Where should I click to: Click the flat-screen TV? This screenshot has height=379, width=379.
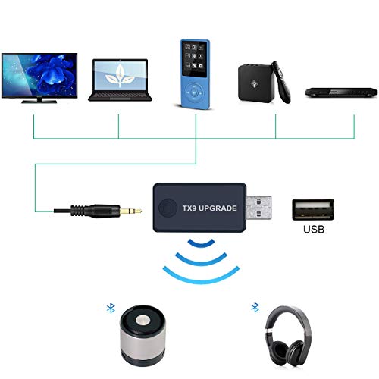(x=39, y=78)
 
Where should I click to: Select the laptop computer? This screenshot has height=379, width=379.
(x=120, y=80)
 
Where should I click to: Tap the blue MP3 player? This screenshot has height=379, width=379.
(x=195, y=74)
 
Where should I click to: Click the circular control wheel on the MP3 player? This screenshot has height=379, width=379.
(x=194, y=92)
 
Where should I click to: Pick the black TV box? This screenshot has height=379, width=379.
(x=256, y=83)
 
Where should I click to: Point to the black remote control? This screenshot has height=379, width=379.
(x=281, y=82)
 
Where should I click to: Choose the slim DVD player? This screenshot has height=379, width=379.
(x=342, y=92)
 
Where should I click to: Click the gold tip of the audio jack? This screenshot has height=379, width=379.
(x=130, y=211)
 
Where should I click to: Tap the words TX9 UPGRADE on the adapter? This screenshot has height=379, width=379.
(x=210, y=208)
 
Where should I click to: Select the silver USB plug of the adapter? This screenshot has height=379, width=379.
(x=258, y=208)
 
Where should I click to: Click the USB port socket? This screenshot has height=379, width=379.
(x=313, y=209)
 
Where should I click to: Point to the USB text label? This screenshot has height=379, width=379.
(x=314, y=229)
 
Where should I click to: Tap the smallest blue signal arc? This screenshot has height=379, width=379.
(x=201, y=244)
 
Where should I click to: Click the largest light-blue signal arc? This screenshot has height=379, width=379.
(x=201, y=280)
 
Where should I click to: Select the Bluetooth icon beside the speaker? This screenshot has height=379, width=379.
(x=111, y=309)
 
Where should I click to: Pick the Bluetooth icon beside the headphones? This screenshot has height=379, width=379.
(x=255, y=307)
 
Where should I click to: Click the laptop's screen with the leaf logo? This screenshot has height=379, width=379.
(x=120, y=76)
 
